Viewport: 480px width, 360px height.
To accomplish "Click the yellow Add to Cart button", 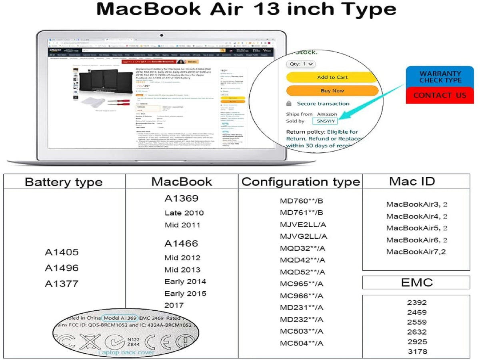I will (x=332, y=77).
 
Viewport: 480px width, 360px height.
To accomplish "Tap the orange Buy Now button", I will (x=332, y=91).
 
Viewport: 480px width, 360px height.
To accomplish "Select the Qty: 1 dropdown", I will (x=301, y=64).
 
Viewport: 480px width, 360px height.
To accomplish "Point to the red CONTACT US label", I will (x=440, y=96).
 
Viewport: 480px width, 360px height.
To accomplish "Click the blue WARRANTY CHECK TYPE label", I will (x=440, y=77).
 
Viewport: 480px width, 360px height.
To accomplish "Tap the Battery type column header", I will (x=64, y=182).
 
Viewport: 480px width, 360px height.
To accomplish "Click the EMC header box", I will (x=416, y=282).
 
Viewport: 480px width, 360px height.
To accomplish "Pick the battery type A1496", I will (x=62, y=268).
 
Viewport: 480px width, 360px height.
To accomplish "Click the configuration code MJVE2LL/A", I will (x=303, y=224).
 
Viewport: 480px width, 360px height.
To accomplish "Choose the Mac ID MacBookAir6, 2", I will (x=416, y=240).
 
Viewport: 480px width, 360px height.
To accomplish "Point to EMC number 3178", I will (x=417, y=352).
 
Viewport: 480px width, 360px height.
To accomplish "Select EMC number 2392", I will (x=417, y=303).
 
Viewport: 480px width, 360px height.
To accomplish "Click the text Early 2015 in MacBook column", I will (x=185, y=293).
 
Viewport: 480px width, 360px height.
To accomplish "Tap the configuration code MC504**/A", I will (x=302, y=343).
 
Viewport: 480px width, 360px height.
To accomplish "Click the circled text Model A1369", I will (x=120, y=318).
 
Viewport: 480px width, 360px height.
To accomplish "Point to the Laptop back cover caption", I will (x=126, y=352).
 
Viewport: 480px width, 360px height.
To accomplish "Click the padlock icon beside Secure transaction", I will (x=289, y=104).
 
